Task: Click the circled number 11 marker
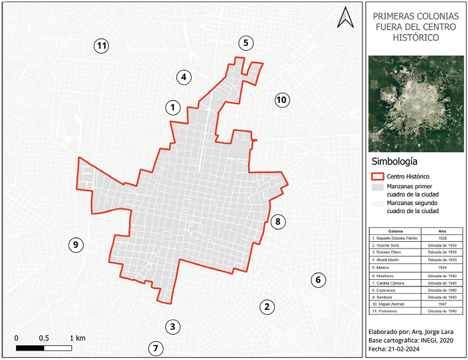(x=102, y=46)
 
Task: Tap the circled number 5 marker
(x=246, y=43)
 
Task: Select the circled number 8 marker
(x=279, y=221)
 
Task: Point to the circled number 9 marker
(x=76, y=245)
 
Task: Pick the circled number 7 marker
(x=156, y=348)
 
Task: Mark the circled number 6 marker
(x=318, y=280)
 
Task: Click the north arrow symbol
(x=345, y=17)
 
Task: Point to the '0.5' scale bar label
(x=43, y=338)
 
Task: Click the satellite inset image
(x=415, y=103)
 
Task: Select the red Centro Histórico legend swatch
(x=376, y=177)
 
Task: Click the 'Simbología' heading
(x=394, y=162)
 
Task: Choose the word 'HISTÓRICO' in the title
(x=415, y=38)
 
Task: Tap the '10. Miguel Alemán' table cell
(x=393, y=304)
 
